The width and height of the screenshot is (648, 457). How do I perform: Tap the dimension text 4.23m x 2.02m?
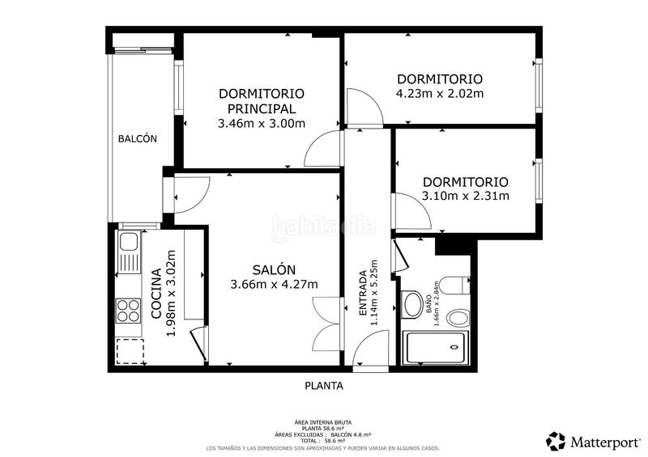click(439, 93)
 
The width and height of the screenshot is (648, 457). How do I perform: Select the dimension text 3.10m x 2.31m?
click(465, 196)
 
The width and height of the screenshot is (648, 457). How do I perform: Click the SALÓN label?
click(274, 269)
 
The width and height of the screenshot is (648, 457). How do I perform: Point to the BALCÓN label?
click(138, 139)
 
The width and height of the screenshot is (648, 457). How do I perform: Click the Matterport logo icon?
click(556, 441)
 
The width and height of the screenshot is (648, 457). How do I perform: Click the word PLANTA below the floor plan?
click(324, 387)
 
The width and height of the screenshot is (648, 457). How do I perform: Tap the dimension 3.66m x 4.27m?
click(274, 284)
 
